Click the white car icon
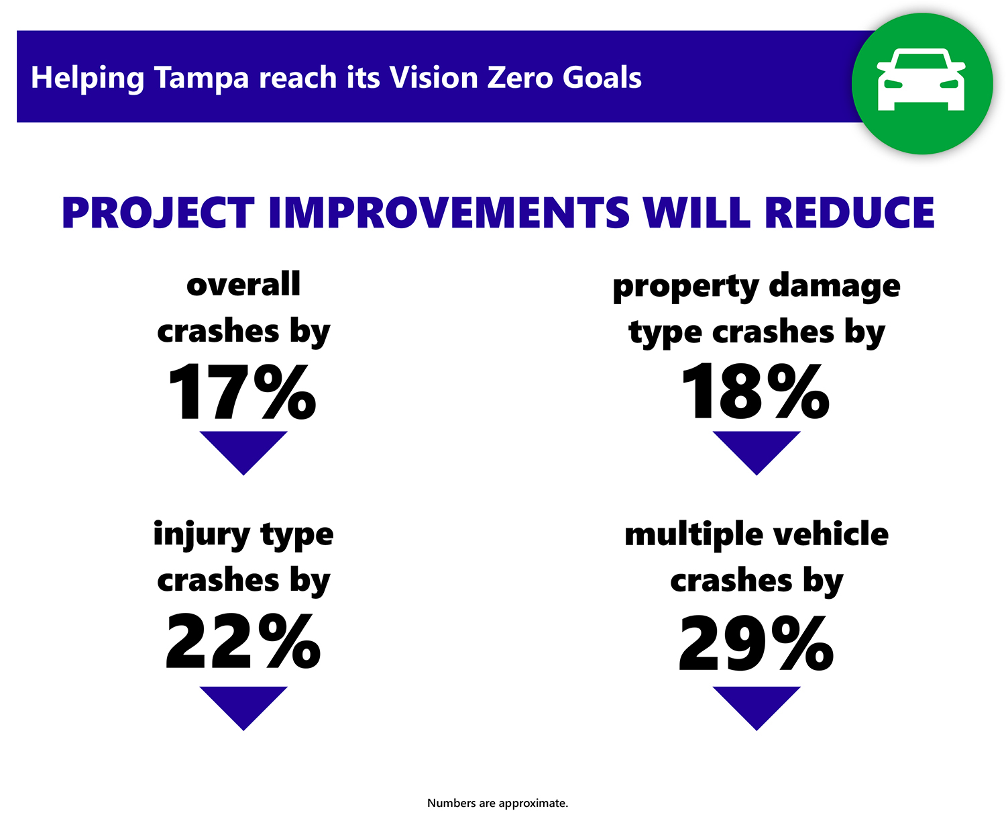click(921, 81)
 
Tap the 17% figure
click(242, 393)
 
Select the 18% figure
click(755, 393)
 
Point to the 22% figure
click(243, 642)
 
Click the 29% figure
click(756, 644)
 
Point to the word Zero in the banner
click(521, 78)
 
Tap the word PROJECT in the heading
click(158, 213)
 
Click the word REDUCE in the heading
click(850, 213)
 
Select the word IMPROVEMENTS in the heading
click(449, 213)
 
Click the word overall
click(243, 285)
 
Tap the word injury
click(202, 536)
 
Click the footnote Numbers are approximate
click(498, 803)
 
